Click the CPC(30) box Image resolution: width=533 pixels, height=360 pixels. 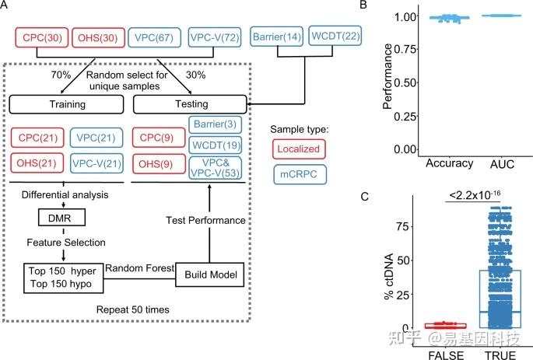pos(42,37)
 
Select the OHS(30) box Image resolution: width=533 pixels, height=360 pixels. pos(98,37)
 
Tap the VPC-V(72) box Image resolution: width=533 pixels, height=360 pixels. pos(215,37)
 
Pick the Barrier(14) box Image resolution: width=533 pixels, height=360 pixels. pos(277,37)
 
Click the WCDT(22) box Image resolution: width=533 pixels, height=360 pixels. pos(335,35)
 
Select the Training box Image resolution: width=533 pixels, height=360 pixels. pos(66,104)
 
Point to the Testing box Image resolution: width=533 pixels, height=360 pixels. pos(190,104)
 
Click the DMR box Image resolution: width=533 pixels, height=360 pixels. pos(61,218)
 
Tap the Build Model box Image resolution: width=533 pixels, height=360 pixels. pos(210,274)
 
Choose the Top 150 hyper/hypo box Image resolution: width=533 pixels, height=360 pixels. pos(64,278)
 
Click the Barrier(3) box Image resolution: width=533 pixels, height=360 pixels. pos(216,124)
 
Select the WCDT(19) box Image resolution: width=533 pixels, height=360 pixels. pos(216,145)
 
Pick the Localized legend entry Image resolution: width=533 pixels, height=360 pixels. pos(299,149)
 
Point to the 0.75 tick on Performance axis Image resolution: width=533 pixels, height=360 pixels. pos(405,50)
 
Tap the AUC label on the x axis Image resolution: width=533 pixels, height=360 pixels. pos(502,164)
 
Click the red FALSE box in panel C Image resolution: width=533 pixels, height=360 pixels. pos(445,326)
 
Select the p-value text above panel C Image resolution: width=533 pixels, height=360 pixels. pos(475,195)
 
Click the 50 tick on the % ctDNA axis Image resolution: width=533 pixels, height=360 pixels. pos(402,260)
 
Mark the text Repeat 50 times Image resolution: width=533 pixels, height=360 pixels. pos(132,309)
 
